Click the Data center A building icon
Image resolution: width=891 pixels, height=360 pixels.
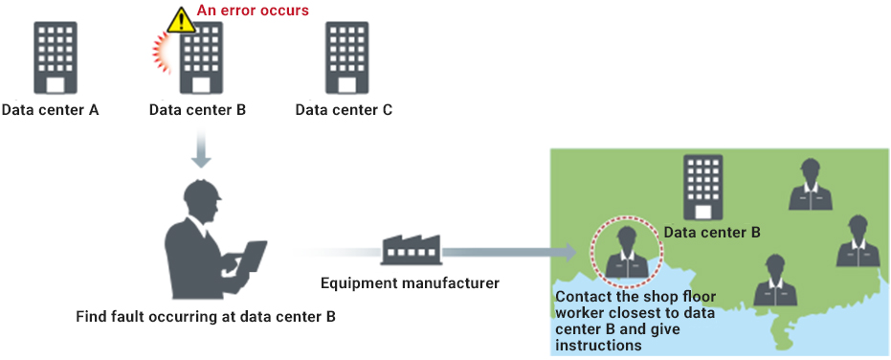click(x=56, y=57)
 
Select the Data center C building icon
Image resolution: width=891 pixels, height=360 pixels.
click(x=346, y=57)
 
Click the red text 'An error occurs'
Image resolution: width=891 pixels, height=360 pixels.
click(x=253, y=10)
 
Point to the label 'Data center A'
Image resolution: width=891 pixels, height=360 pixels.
click(x=50, y=109)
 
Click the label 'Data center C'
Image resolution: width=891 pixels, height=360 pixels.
click(x=344, y=109)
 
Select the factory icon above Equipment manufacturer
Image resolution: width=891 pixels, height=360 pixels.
click(x=412, y=249)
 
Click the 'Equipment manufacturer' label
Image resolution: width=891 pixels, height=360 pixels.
click(x=410, y=282)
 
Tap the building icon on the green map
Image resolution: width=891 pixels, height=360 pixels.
click(x=702, y=188)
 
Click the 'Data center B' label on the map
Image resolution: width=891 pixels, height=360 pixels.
click(x=713, y=232)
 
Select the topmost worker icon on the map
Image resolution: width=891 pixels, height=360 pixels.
click(x=811, y=184)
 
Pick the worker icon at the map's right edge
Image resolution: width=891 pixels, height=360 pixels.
click(x=858, y=241)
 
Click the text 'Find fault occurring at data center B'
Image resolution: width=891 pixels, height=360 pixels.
click(x=206, y=316)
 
